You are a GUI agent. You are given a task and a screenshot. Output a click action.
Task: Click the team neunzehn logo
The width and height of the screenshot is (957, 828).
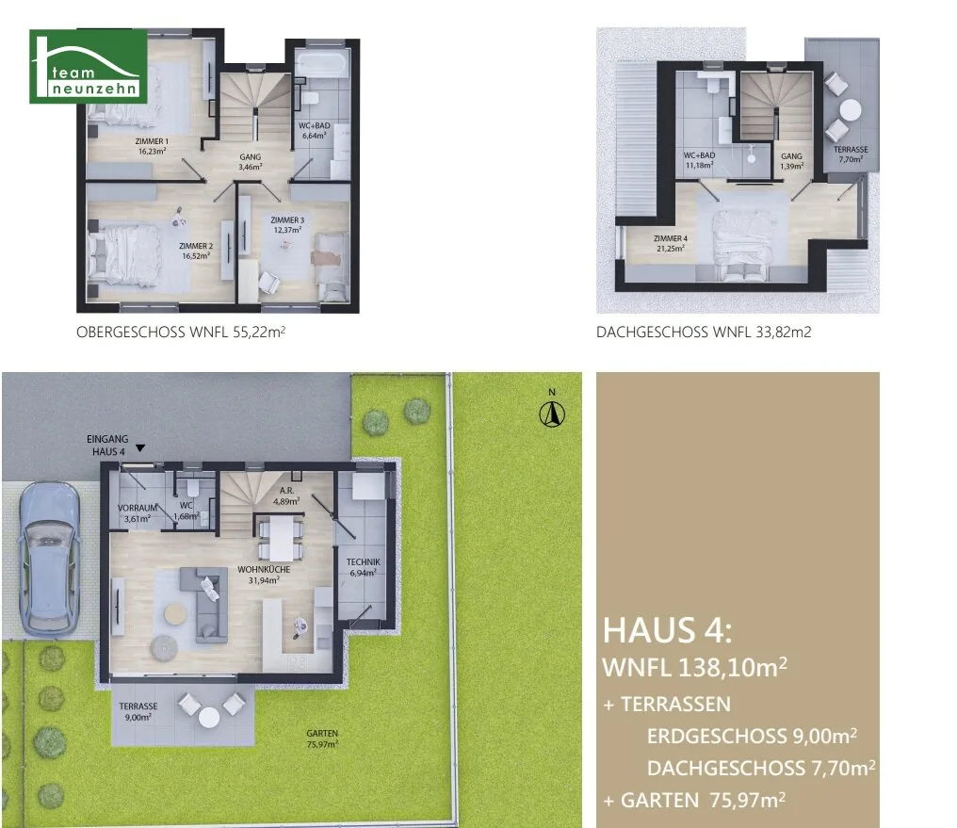click(89, 66)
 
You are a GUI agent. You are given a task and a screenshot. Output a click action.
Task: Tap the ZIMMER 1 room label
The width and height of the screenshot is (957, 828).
click(152, 146)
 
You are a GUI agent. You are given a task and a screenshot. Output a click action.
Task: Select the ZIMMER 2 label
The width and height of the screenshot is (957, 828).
click(196, 251)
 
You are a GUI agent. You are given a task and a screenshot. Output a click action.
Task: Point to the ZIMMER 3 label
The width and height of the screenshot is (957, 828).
click(287, 224)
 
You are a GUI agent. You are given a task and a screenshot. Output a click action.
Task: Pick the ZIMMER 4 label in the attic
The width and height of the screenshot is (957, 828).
click(670, 243)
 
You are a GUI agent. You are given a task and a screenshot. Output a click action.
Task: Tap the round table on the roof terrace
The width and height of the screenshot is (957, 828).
click(850, 110)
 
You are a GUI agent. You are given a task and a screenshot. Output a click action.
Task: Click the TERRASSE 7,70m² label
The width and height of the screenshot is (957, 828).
click(851, 154)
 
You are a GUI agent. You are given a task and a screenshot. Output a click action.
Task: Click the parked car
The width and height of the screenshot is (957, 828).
click(49, 558)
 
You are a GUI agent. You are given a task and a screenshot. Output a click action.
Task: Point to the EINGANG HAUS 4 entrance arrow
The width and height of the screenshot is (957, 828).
click(140, 448)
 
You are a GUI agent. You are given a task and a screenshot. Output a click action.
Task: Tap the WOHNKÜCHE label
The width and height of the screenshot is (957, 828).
click(264, 575)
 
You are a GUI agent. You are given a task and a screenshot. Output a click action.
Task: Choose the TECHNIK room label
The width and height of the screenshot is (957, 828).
click(364, 567)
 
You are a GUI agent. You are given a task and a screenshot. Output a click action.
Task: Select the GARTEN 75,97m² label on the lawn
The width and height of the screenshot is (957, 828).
click(322, 739)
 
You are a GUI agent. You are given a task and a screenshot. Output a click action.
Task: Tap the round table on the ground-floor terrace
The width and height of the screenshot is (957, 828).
click(209, 717)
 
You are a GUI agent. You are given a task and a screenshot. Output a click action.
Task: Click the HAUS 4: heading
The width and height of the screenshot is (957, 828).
click(667, 630)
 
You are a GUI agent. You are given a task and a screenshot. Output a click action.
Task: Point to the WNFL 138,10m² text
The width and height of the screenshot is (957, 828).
click(694, 667)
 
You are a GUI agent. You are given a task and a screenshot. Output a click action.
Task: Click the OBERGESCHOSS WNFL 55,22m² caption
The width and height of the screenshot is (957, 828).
click(181, 332)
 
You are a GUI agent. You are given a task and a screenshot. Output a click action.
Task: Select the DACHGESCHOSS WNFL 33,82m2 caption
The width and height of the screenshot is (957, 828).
click(704, 332)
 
